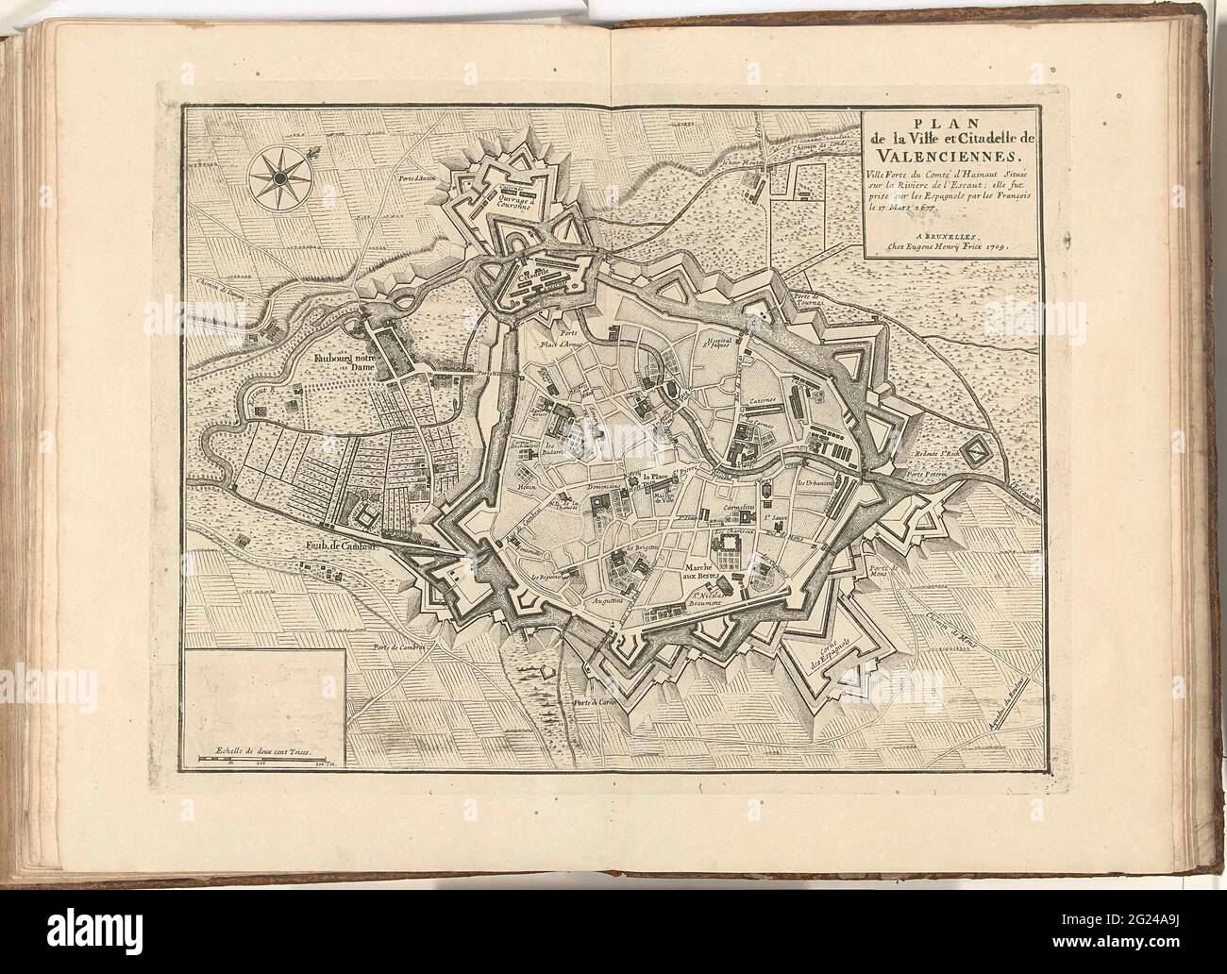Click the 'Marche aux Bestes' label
pos(703,569)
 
